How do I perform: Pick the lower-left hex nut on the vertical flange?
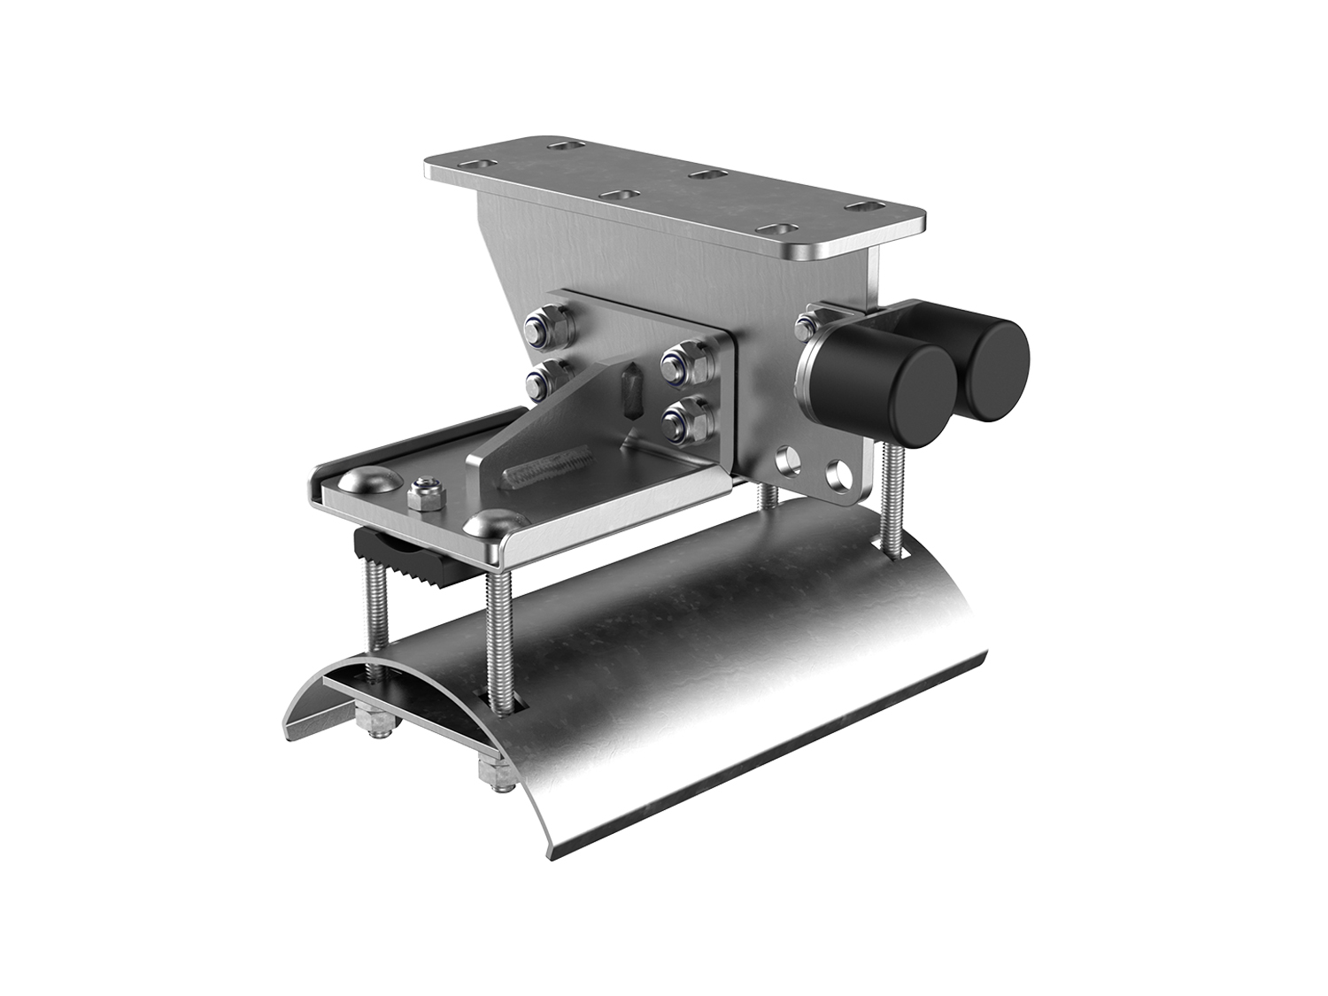[541, 381]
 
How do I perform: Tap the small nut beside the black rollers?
[807, 323]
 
